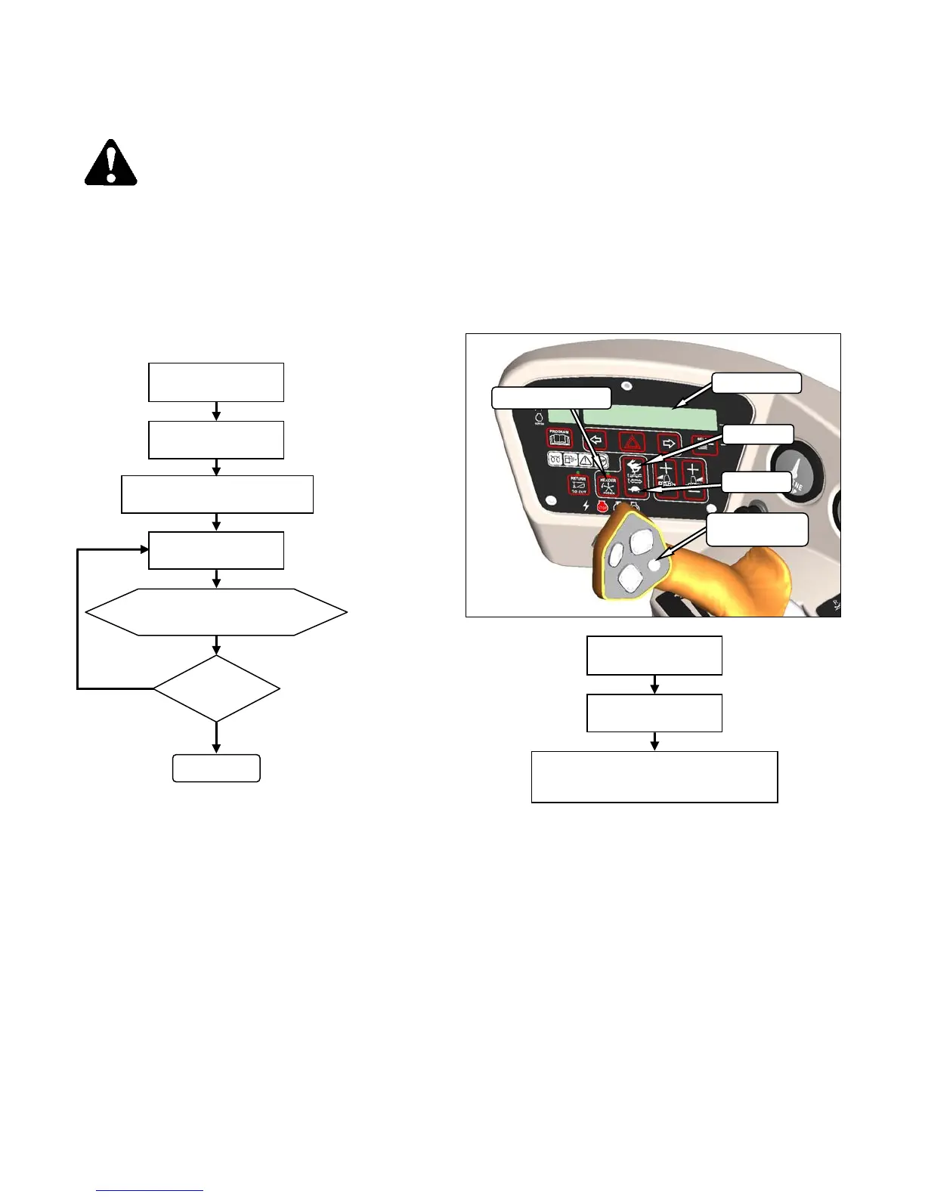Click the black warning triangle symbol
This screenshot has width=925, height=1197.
tap(110, 163)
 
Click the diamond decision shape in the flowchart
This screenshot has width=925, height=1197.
tap(216, 688)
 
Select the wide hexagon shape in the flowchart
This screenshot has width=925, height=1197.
tap(216, 612)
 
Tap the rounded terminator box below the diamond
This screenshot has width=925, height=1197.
tap(216, 768)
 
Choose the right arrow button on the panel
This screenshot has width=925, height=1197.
tap(668, 441)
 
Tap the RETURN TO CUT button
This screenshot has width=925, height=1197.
tap(578, 484)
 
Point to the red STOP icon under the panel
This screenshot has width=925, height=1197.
tap(602, 507)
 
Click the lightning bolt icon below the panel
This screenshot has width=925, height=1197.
tap(586, 506)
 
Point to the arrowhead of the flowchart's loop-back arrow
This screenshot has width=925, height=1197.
tap(144, 549)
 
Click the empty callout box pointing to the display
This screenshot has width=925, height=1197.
tap(756, 383)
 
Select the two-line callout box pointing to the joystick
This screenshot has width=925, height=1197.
tap(757, 530)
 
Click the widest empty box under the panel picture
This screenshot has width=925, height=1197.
tap(654, 777)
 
